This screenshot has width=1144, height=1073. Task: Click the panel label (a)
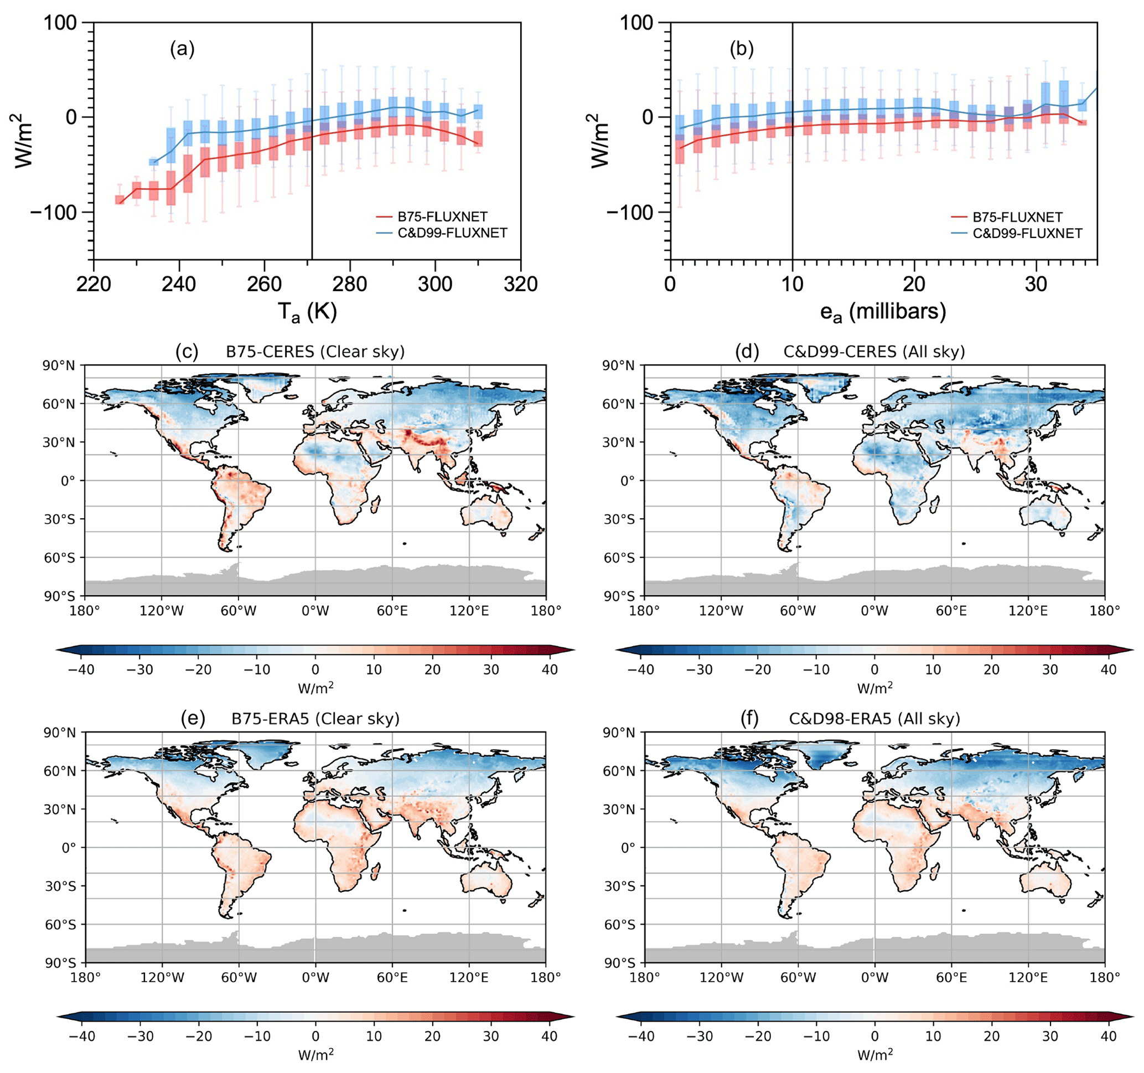tap(182, 49)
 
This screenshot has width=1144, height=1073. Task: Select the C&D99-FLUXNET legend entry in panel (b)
tap(1027, 233)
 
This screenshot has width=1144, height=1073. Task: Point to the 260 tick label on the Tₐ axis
tap(264, 284)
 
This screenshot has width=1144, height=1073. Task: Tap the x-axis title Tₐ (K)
tap(307, 312)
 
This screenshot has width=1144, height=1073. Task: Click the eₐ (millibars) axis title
tap(883, 312)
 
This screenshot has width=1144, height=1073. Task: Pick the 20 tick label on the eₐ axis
tap(914, 284)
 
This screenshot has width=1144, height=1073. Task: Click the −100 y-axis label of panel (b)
tap(630, 213)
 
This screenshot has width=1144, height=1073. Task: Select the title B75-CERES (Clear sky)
tap(315, 352)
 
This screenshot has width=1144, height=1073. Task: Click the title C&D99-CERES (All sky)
tap(873, 352)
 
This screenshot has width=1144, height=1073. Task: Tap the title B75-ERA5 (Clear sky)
tap(315, 719)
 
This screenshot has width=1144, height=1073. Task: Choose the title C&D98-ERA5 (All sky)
tap(873, 719)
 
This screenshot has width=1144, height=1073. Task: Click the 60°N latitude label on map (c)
tap(59, 404)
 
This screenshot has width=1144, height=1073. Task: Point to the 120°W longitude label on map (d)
tap(721, 611)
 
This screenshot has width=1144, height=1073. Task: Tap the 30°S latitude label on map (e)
tap(60, 886)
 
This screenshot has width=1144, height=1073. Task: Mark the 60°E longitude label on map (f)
tap(951, 977)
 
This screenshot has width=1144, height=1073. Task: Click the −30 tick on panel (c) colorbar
tap(139, 669)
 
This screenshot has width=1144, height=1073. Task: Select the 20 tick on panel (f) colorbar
tap(991, 1036)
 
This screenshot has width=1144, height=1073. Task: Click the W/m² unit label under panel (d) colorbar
tap(874, 688)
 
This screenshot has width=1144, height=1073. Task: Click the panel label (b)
tap(741, 49)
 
